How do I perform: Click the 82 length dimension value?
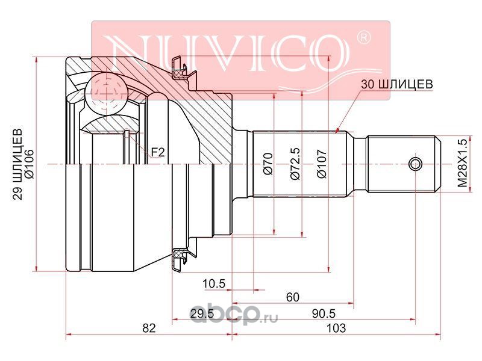(x=149, y=328)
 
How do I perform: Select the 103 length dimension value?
(x=336, y=328)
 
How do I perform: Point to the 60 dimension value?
(x=292, y=297)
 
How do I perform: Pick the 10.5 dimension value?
(x=214, y=283)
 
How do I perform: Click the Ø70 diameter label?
(x=268, y=164)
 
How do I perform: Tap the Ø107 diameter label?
(x=322, y=164)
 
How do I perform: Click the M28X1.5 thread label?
(x=462, y=163)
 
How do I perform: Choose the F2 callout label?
(x=158, y=152)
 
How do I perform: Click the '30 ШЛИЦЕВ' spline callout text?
(x=396, y=84)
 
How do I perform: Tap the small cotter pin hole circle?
(x=415, y=164)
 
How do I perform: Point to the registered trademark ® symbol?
(x=364, y=38)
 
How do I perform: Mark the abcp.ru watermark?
(x=234, y=315)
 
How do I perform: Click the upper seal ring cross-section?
(x=178, y=73)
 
